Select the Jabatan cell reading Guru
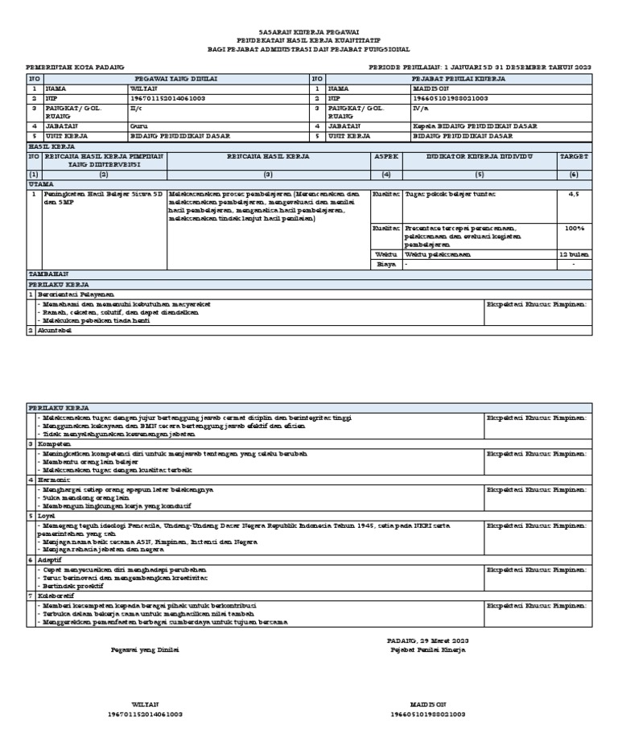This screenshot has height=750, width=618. point(138,126)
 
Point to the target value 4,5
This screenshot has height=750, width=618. point(574,195)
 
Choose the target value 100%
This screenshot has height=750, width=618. point(574,228)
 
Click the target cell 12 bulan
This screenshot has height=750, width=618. point(574,254)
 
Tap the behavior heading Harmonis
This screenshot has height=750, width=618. point(54,479)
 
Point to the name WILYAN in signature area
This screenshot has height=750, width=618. point(145,703)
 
